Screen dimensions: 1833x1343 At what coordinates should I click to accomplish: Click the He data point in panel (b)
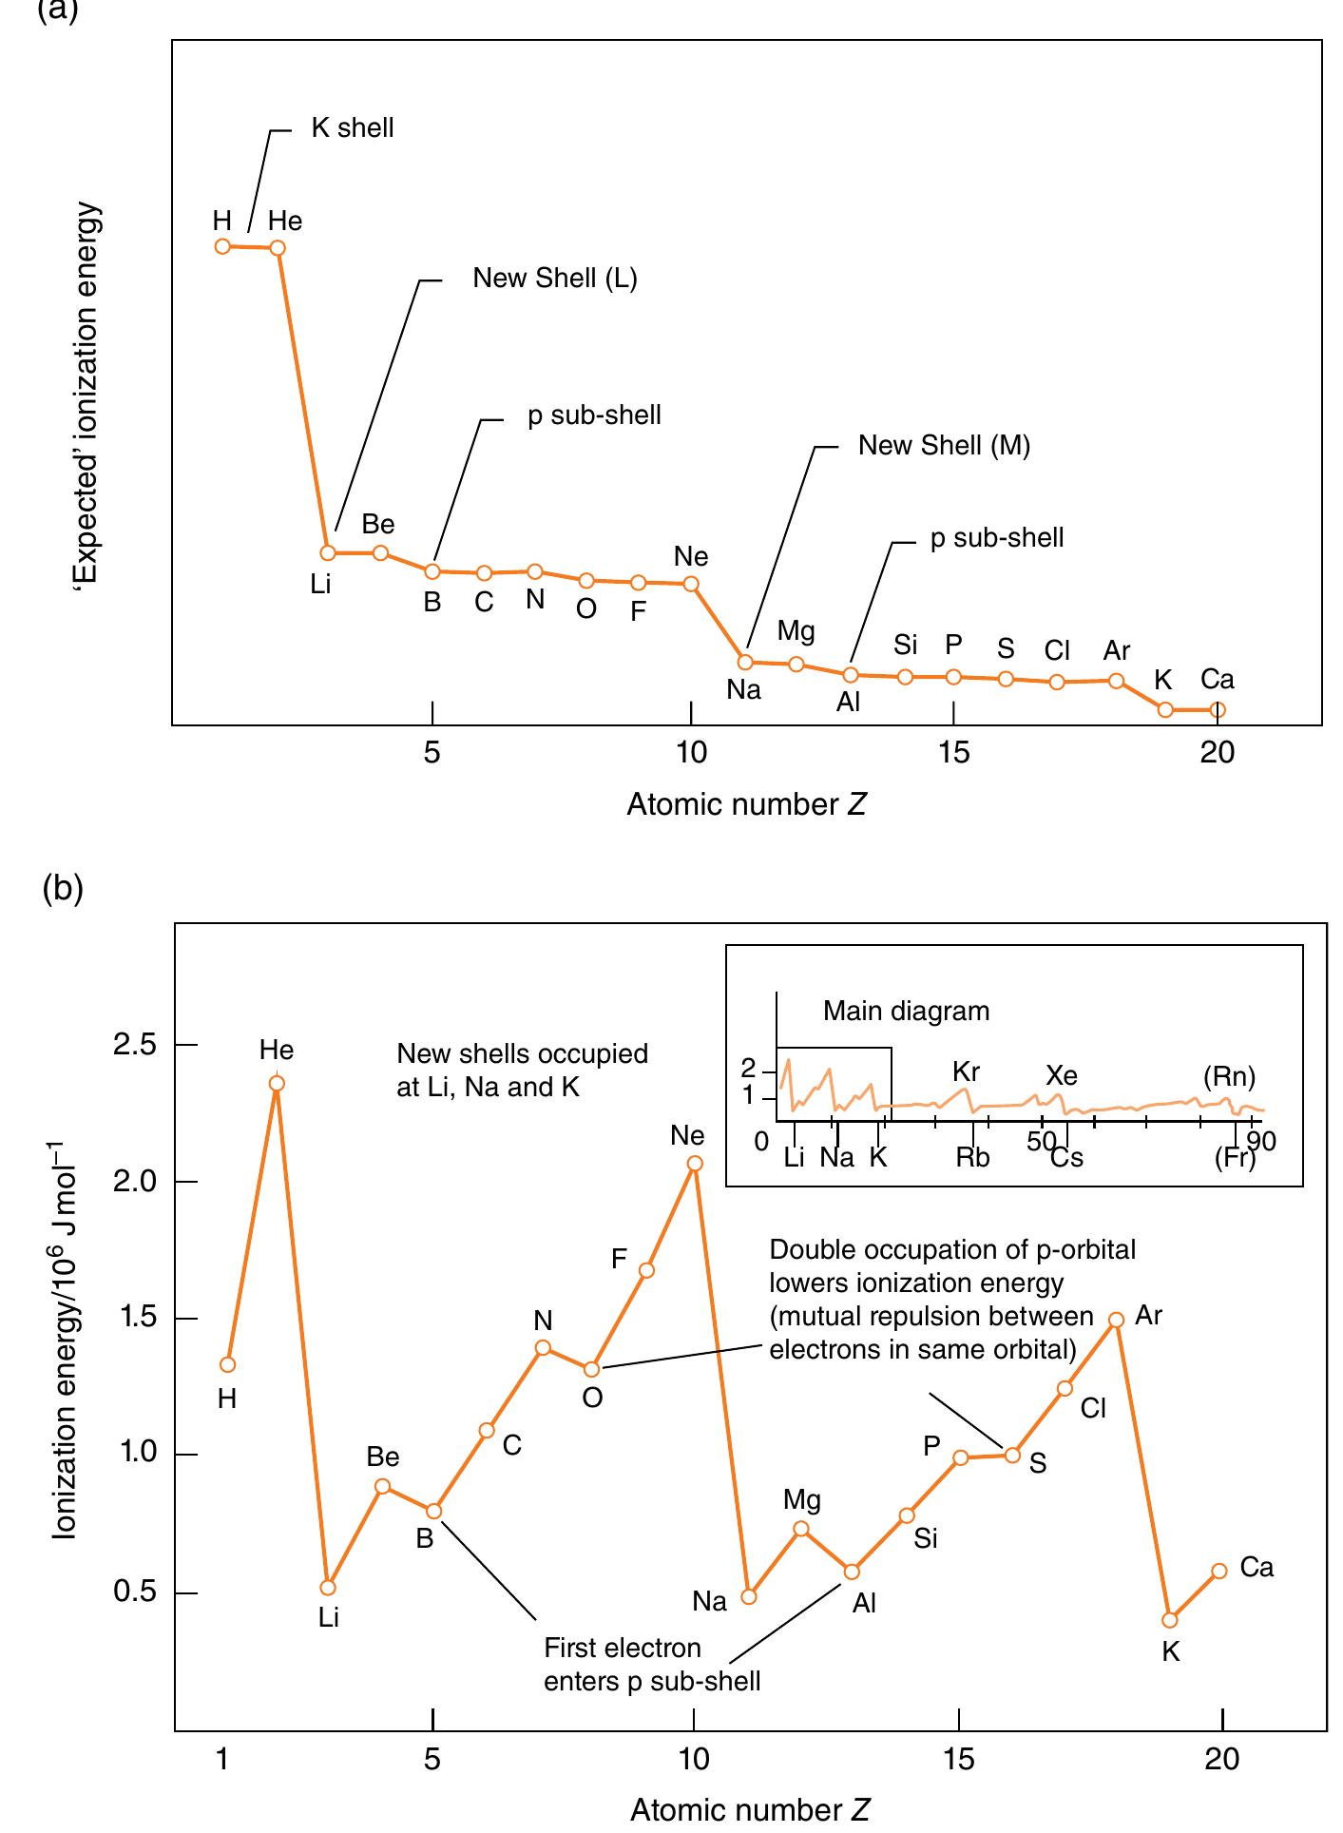277,1083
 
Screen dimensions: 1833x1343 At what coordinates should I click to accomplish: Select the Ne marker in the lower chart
695,1163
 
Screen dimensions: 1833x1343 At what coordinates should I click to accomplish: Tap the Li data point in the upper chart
328,552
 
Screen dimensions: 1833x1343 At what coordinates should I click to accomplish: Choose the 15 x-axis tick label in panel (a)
953,753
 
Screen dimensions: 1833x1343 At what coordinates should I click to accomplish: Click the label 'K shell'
352,128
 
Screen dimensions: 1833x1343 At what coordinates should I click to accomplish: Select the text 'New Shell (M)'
944,446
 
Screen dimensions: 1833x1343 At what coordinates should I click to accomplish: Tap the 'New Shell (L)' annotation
555,279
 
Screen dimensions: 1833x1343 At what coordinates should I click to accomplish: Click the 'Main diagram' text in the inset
906,1011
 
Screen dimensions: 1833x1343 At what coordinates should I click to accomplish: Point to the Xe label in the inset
1062,1075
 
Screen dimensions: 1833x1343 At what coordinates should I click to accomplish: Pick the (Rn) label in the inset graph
1229,1076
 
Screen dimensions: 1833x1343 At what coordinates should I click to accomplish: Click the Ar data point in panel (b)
1116,1320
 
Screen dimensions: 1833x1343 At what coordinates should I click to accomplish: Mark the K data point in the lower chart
1170,1620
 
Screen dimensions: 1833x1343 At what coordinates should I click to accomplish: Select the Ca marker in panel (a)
1218,709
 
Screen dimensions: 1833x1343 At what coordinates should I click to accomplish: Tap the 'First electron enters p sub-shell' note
651,1665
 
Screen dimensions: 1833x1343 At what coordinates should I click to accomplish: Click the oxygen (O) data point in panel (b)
591,1369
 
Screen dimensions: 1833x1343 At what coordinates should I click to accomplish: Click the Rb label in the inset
972,1157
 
